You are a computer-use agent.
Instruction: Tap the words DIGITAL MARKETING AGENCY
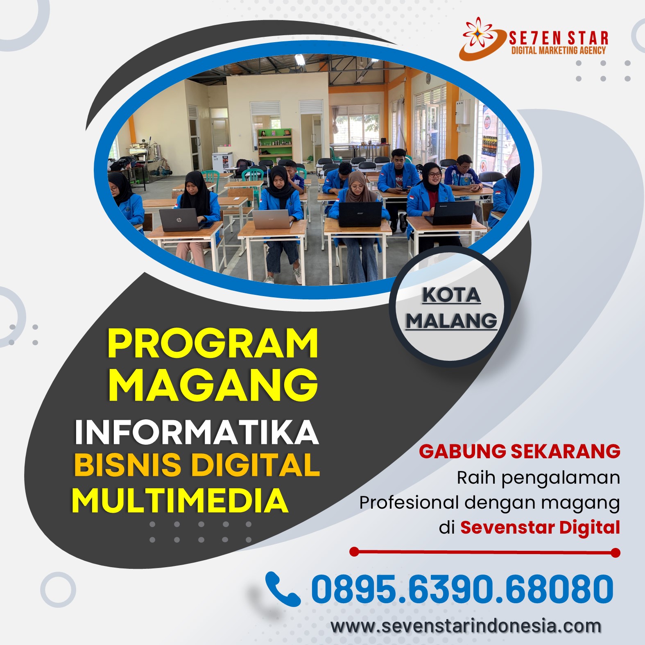click(558, 50)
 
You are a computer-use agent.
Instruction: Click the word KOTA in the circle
click(451, 295)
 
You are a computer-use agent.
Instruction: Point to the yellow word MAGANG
click(213, 385)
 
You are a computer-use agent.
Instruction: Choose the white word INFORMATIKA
click(197, 432)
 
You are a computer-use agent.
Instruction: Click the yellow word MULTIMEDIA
click(180, 500)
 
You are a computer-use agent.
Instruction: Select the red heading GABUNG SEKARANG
click(519, 451)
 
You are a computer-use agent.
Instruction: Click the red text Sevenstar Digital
click(540, 527)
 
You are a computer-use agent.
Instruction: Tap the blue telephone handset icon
click(283, 589)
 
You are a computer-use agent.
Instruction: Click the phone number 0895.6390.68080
click(462, 589)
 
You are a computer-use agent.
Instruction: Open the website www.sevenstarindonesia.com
click(466, 626)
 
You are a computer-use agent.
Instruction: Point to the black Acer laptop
click(360, 213)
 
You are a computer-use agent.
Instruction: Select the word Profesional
click(409, 502)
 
